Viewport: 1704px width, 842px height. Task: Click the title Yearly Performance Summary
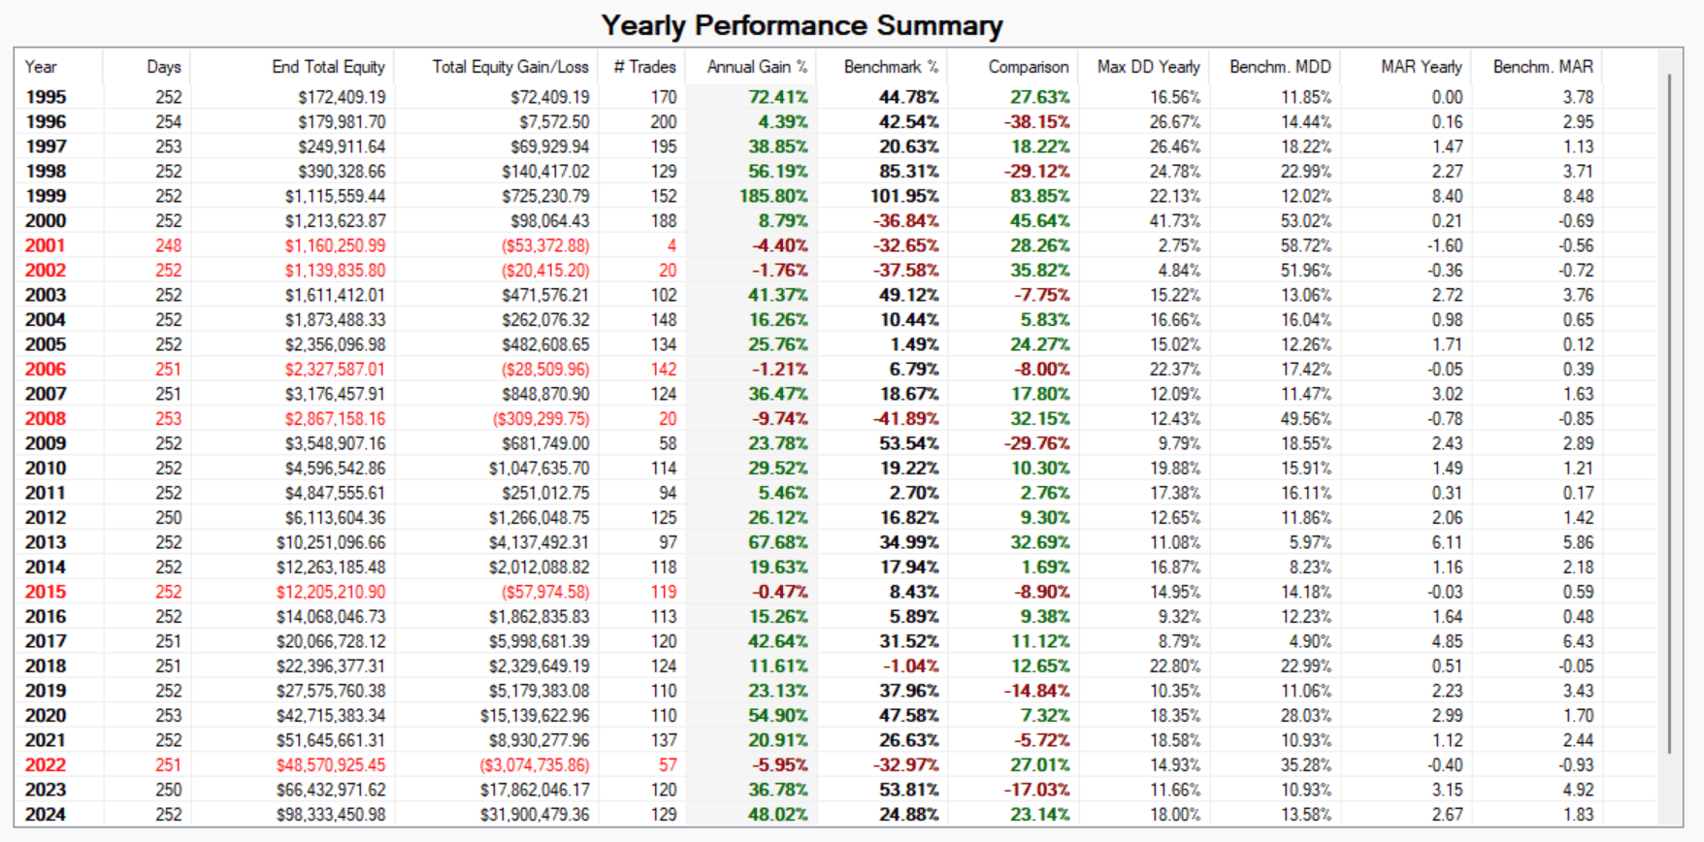click(802, 25)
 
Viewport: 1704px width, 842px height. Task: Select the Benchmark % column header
click(891, 67)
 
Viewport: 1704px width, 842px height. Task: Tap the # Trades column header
click(644, 67)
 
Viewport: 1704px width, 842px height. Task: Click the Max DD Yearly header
click(1148, 67)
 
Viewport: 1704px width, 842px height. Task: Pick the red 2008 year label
click(46, 419)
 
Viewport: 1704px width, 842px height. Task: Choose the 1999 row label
click(46, 196)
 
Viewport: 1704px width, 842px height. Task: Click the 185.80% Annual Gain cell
click(773, 196)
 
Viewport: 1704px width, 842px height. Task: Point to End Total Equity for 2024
click(331, 815)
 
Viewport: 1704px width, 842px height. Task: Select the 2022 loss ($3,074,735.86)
click(535, 765)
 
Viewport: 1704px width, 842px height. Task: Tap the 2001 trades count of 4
click(672, 246)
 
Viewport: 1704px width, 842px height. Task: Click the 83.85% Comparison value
click(1039, 196)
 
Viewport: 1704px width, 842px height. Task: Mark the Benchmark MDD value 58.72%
click(1305, 246)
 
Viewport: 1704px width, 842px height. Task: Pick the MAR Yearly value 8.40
click(1447, 196)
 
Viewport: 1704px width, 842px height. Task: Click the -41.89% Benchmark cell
click(905, 419)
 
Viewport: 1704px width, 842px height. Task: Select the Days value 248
click(168, 246)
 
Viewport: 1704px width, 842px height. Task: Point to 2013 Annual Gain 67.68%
click(777, 542)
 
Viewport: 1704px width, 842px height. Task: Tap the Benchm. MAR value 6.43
click(1578, 641)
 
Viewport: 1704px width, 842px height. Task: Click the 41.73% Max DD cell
click(1174, 221)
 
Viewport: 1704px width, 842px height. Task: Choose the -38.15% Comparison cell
click(1036, 122)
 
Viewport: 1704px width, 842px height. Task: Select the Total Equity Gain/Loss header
click(510, 67)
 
